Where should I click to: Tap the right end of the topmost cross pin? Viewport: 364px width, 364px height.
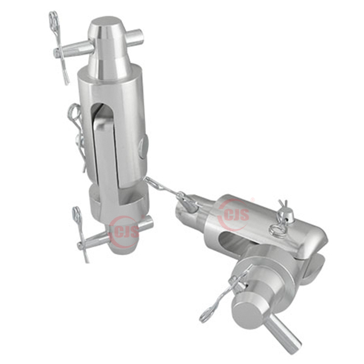tap(140, 34)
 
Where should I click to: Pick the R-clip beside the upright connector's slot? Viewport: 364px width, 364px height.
tap(78, 135)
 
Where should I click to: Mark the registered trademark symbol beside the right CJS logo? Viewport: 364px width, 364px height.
tap(253, 199)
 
